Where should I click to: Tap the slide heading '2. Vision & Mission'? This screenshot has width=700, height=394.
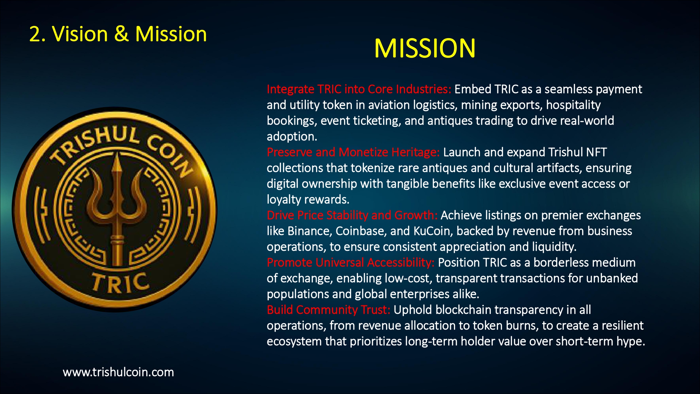[118, 34]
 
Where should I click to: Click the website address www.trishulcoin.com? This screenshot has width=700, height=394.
[118, 372]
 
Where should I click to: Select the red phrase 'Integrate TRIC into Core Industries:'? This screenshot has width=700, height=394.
[359, 89]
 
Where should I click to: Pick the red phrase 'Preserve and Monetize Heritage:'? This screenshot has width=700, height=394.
[353, 152]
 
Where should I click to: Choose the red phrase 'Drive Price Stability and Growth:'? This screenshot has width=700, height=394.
[352, 215]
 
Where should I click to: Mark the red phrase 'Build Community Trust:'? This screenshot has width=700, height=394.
[328, 310]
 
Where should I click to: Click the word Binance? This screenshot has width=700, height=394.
[309, 231]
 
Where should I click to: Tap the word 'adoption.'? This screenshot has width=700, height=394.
[292, 137]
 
